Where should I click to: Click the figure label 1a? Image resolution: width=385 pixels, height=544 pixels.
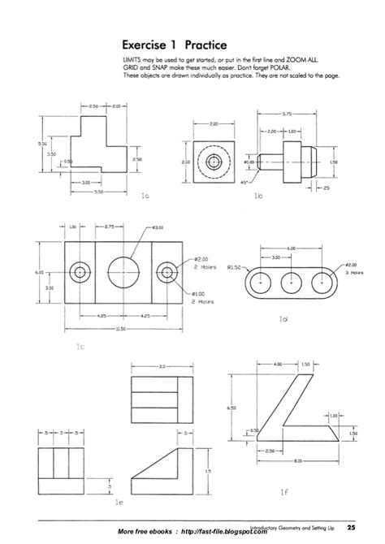[x=145, y=196]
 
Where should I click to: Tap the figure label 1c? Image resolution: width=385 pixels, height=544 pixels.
[x=80, y=347]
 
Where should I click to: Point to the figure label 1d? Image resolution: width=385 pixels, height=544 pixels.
[x=283, y=319]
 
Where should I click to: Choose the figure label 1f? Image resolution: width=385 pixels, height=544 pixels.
[x=283, y=491]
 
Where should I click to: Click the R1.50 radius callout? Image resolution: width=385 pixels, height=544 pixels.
[x=238, y=266]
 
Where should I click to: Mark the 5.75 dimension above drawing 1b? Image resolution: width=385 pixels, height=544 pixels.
[x=288, y=114]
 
